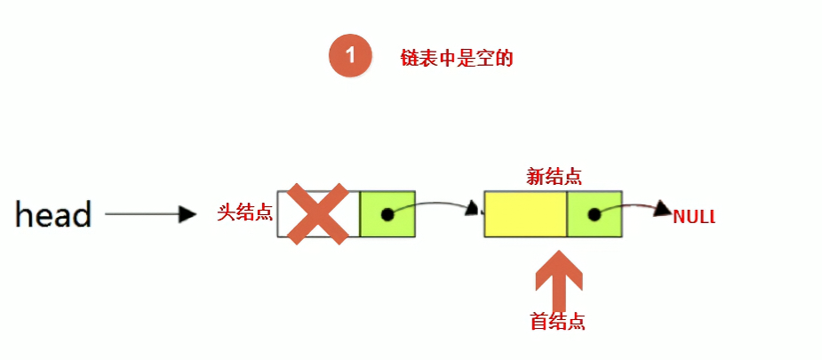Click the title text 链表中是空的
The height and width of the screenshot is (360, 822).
point(458,59)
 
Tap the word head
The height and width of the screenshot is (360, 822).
point(54,214)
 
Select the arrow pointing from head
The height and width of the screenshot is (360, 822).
point(149,214)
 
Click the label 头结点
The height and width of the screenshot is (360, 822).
point(245,213)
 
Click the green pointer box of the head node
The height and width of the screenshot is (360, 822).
point(387,214)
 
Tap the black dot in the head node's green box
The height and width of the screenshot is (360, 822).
point(387,214)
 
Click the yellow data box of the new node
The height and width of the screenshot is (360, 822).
point(525,214)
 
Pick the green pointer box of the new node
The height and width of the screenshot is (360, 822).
point(595,214)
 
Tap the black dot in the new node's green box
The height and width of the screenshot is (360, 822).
point(594,214)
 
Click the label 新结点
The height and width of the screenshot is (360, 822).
point(554,176)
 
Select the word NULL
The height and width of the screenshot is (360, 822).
point(694,216)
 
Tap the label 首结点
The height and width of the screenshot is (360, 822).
point(557,322)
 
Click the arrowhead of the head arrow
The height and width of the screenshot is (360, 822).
point(187,214)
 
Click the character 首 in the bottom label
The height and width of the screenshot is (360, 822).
point(539,322)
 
